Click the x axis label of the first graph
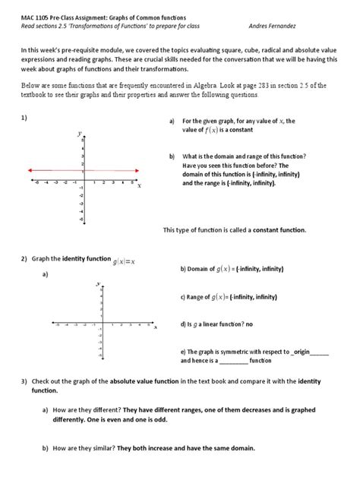139,185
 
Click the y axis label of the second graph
97,283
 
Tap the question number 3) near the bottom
24,380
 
